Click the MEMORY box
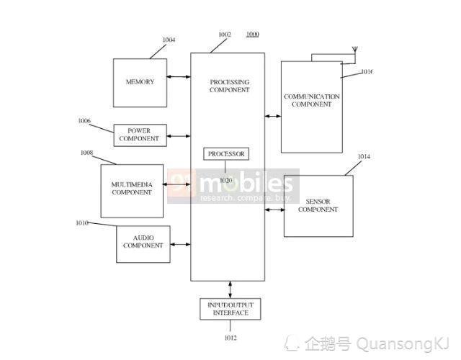140,83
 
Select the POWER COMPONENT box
140,135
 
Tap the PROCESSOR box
226,153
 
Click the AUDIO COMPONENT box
143,244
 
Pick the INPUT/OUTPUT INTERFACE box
230,309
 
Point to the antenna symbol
355,49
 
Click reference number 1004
169,40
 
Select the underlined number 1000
253,35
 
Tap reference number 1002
225,35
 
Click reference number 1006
84,121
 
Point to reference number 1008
86,153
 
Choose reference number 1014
364,157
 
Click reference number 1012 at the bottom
230,338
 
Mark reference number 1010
82,223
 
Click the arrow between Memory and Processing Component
179,77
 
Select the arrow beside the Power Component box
179,136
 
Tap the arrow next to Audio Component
181,244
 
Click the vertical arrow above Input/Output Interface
230,289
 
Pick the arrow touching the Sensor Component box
274,210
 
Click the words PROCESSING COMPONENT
230,86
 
